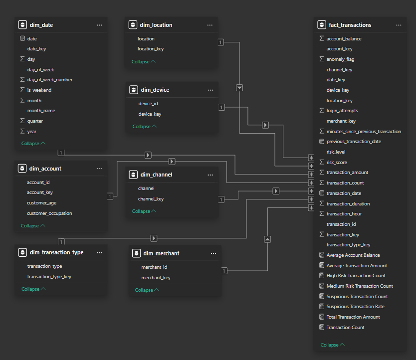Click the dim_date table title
pos(41,25)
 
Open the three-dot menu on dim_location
pos(210,25)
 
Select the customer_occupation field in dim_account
pos(49,213)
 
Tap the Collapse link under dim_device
pos(145,126)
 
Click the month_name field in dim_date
pos(41,111)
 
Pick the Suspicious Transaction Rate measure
pos(356,307)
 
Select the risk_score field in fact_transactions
pos(337,163)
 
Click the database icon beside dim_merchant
pos(136,253)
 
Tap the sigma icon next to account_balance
pos(322,38)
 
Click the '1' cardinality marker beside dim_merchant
pos(224,271)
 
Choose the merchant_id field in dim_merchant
pos(154,267)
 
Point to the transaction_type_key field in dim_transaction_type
pos(49,277)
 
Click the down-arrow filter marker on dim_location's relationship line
pos(239,88)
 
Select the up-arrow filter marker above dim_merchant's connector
pos(267,239)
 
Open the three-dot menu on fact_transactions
pos(399,25)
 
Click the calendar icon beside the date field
pos(22,38)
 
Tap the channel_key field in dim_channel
pos(151,199)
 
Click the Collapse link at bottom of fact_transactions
pos(332,345)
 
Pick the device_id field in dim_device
pos(148,104)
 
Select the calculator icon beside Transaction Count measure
pos(322,327)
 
